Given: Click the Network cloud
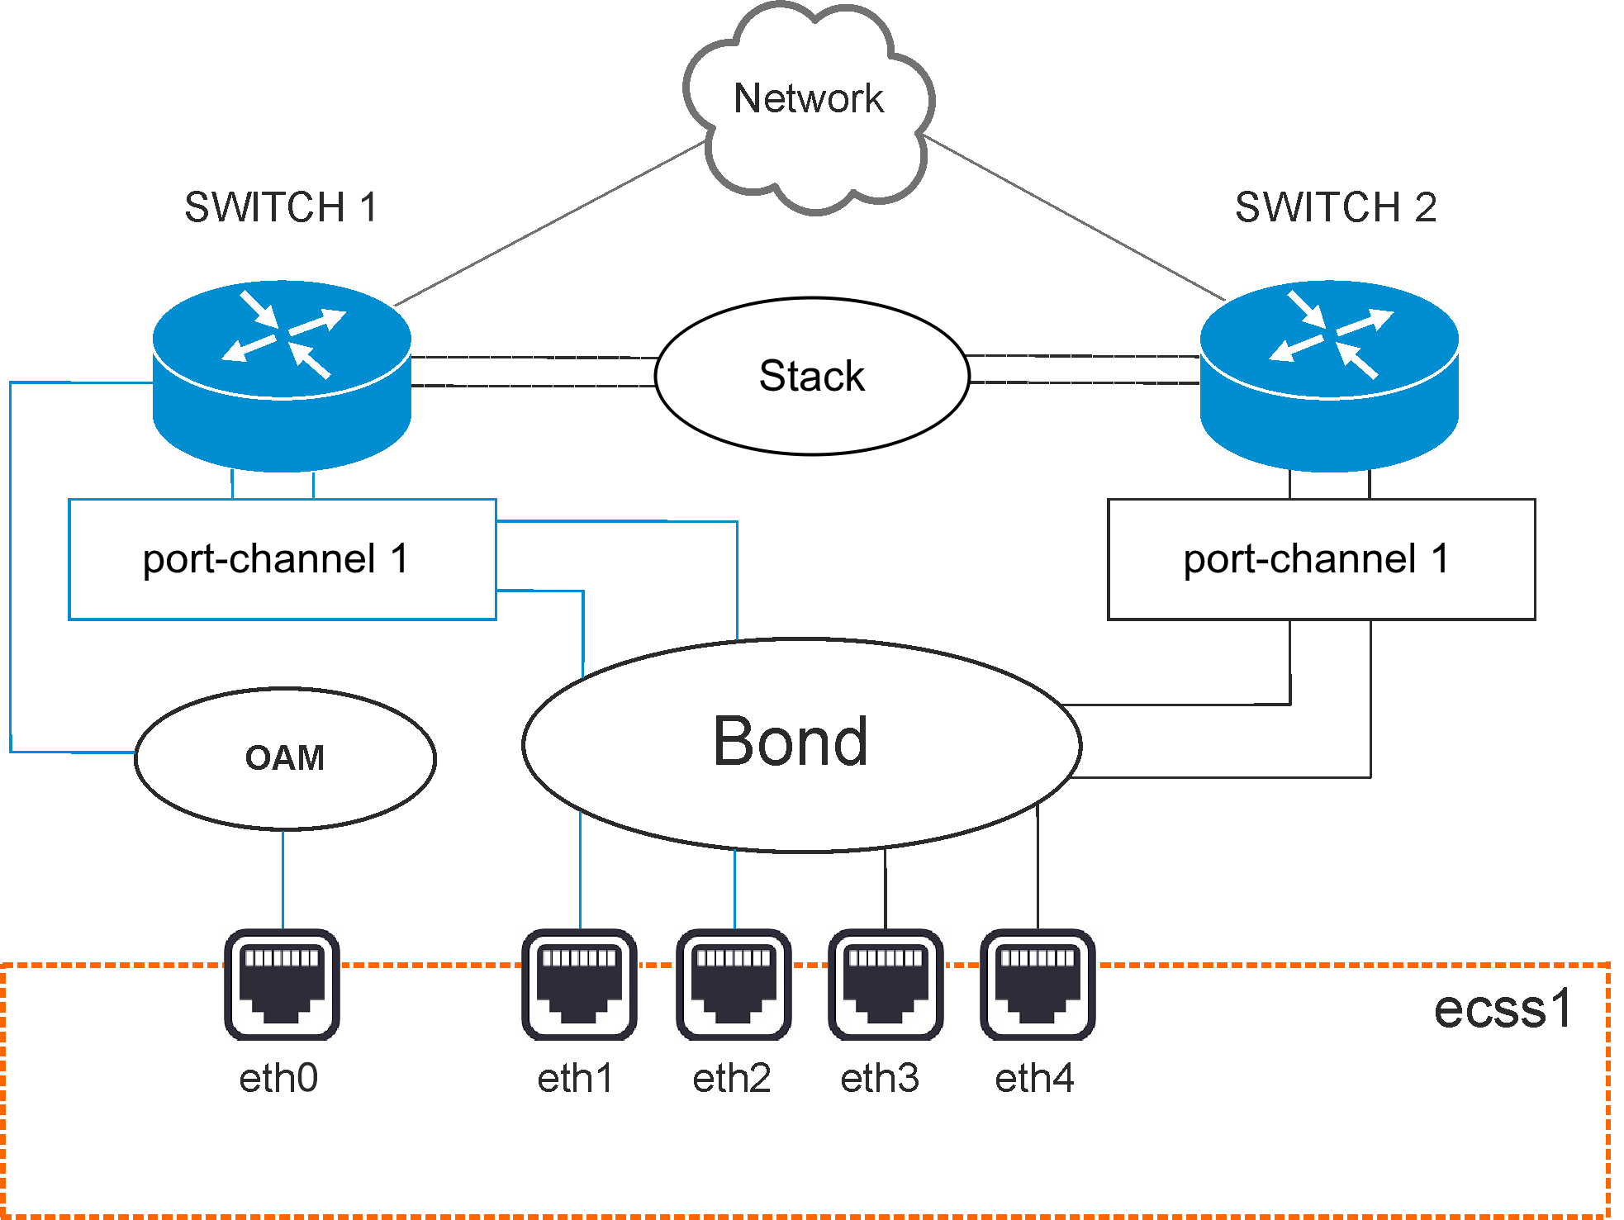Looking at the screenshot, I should (809, 107).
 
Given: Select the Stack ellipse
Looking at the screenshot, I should (812, 376).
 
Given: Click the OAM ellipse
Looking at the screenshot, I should (285, 758).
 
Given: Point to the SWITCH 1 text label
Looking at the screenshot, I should (281, 206).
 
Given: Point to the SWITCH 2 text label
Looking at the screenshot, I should (1336, 206).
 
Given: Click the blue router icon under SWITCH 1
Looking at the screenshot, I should (282, 376).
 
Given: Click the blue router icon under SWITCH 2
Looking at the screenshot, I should (1329, 376).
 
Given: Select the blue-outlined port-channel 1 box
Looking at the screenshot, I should (282, 559).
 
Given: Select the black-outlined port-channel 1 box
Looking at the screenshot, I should (1321, 559).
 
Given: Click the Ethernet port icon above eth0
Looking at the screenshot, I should (282, 985).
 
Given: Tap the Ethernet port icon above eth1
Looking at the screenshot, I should (579, 985).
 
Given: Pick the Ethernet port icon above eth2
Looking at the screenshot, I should (734, 985).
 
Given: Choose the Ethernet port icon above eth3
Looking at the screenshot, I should (886, 985).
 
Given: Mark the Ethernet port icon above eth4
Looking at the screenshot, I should (1038, 985).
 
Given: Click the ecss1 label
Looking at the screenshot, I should (1503, 1009).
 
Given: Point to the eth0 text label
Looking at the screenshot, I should (278, 1078).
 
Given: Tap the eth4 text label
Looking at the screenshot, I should (1034, 1078).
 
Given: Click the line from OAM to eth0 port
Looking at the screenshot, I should (283, 880).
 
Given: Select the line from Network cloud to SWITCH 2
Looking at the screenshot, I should (1074, 217).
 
